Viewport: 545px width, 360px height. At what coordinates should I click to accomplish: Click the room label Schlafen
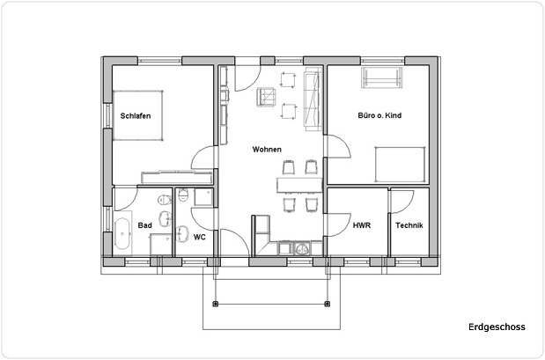(x=135, y=115)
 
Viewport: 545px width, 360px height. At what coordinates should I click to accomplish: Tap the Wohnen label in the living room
(x=267, y=150)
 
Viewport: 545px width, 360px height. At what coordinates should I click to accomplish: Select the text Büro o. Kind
(x=379, y=115)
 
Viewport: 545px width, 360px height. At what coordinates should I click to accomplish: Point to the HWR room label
(x=361, y=225)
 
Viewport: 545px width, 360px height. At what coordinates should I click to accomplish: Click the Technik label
(x=409, y=225)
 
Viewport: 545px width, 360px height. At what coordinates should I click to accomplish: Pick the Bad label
(x=145, y=225)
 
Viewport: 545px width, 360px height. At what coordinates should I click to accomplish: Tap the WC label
(x=200, y=237)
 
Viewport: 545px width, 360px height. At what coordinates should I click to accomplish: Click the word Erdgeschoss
(x=497, y=327)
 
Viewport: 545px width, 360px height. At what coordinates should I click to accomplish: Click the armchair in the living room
(x=263, y=96)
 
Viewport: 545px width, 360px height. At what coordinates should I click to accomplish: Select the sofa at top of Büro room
(x=381, y=78)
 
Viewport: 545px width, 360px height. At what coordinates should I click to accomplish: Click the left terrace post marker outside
(x=214, y=304)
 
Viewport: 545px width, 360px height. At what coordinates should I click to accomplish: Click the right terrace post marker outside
(x=327, y=304)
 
